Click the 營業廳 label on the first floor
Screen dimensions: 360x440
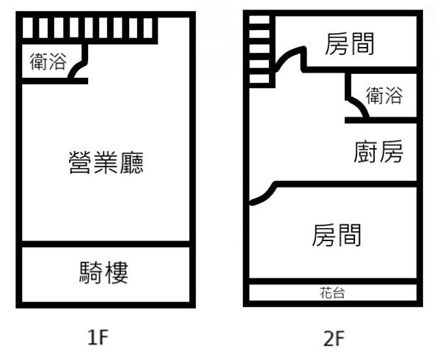coord(105,162)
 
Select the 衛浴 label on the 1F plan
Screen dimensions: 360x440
coord(46,62)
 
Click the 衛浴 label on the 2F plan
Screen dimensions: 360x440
coord(384,95)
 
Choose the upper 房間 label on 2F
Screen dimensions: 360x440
coord(350,44)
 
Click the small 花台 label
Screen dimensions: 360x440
coord(333,293)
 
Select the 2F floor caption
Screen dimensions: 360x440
coord(333,338)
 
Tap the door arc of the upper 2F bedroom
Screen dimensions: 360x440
coord(289,59)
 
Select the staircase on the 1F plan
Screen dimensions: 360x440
coord(89,28)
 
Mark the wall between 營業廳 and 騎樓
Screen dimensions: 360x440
coord(105,244)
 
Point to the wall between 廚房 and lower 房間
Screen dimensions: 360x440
coord(345,183)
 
